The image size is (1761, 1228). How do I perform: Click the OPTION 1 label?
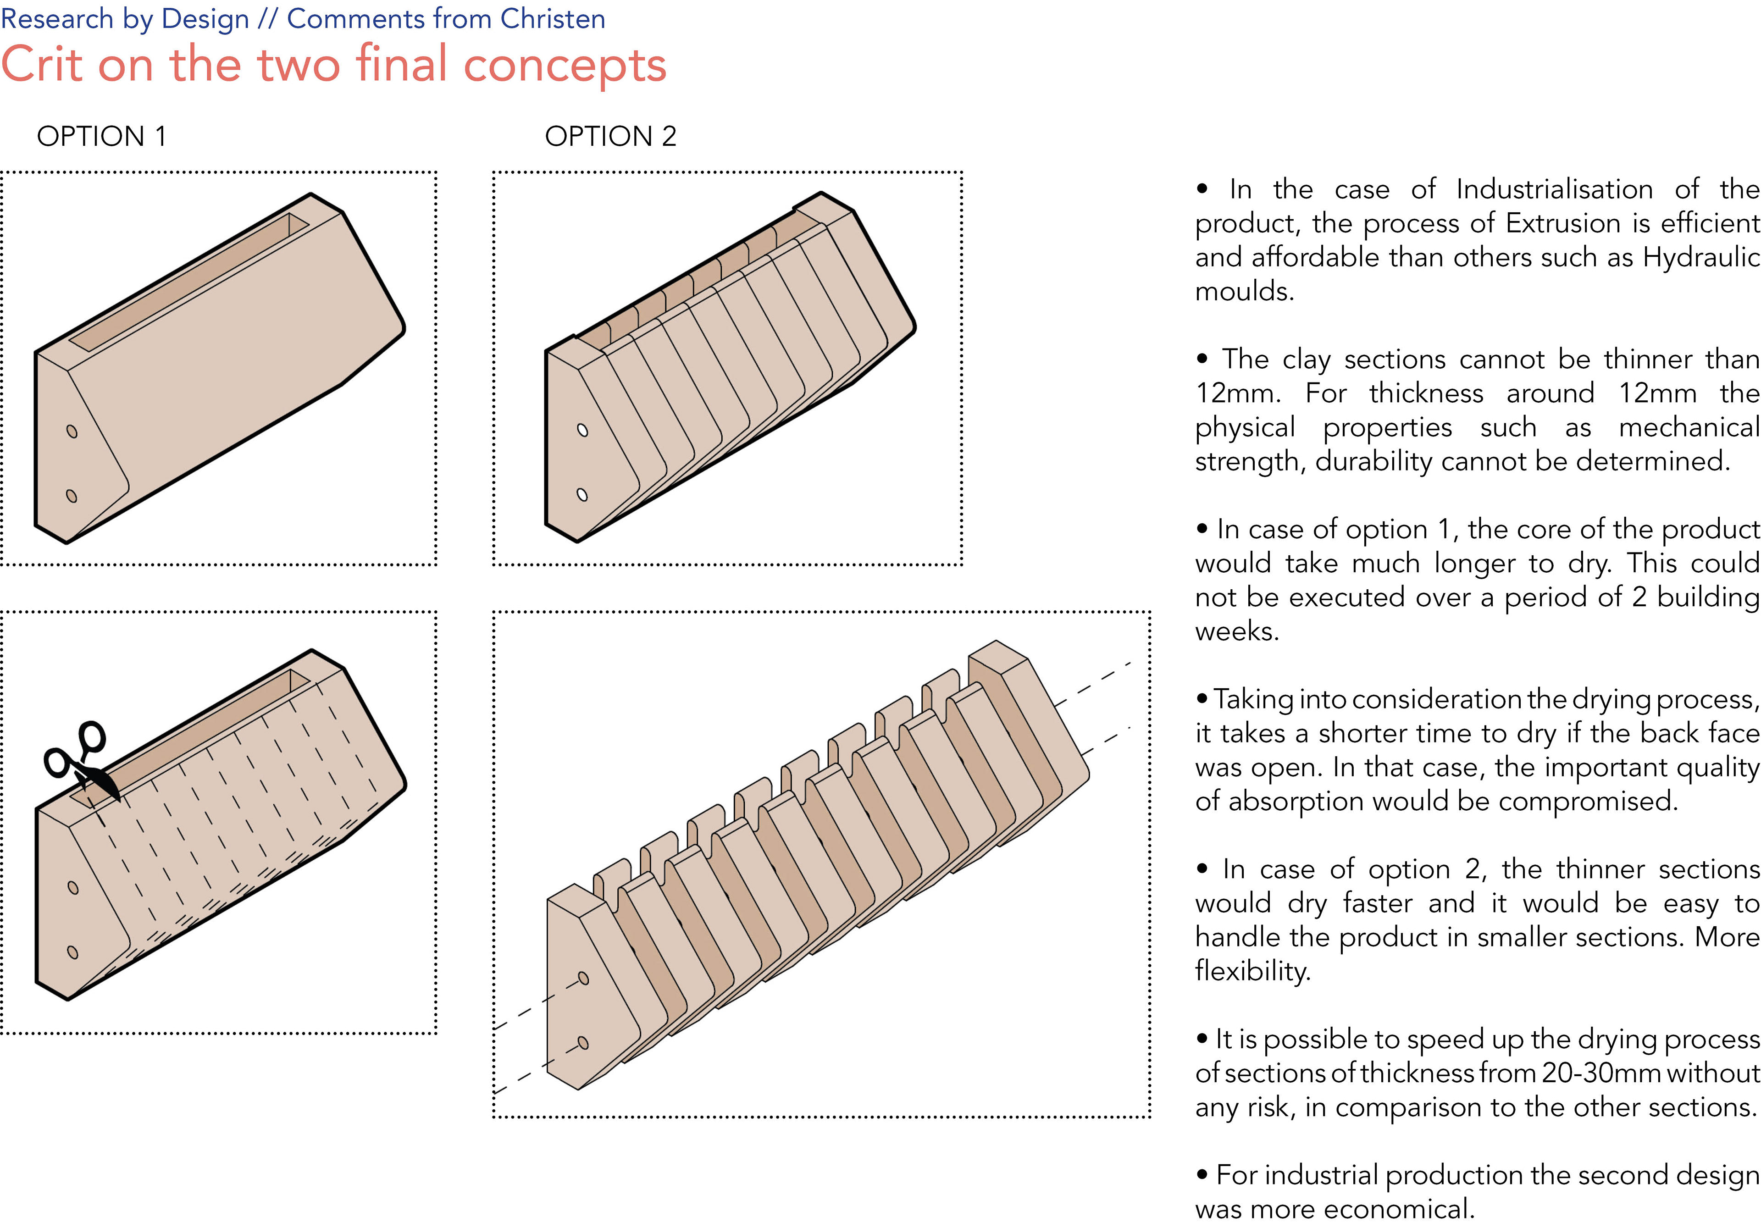(x=101, y=137)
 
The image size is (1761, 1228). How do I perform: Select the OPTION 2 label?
(x=610, y=137)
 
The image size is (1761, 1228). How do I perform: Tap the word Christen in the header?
(x=552, y=18)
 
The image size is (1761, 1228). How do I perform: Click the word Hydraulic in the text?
(x=1701, y=257)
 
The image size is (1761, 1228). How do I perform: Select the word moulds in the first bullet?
(x=1244, y=292)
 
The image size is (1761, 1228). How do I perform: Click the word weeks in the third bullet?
(x=1236, y=631)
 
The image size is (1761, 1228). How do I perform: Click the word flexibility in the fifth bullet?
(x=1252, y=972)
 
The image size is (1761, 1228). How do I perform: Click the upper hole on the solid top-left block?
(x=72, y=431)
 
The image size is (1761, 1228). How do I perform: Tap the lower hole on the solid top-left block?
(x=72, y=496)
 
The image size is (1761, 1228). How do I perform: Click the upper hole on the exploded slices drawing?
(x=583, y=978)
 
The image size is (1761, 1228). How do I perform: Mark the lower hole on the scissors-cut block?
(x=73, y=952)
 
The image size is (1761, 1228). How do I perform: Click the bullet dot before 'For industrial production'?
(x=1202, y=1173)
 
